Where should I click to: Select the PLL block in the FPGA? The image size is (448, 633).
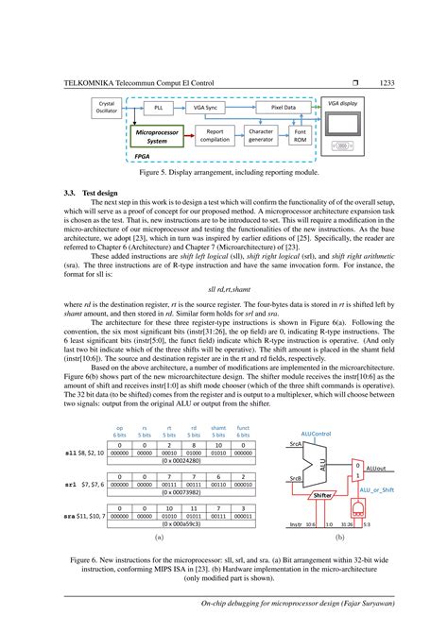tap(157, 108)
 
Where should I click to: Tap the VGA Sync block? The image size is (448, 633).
tap(205, 108)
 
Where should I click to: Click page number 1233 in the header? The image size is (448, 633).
tap(386, 83)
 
